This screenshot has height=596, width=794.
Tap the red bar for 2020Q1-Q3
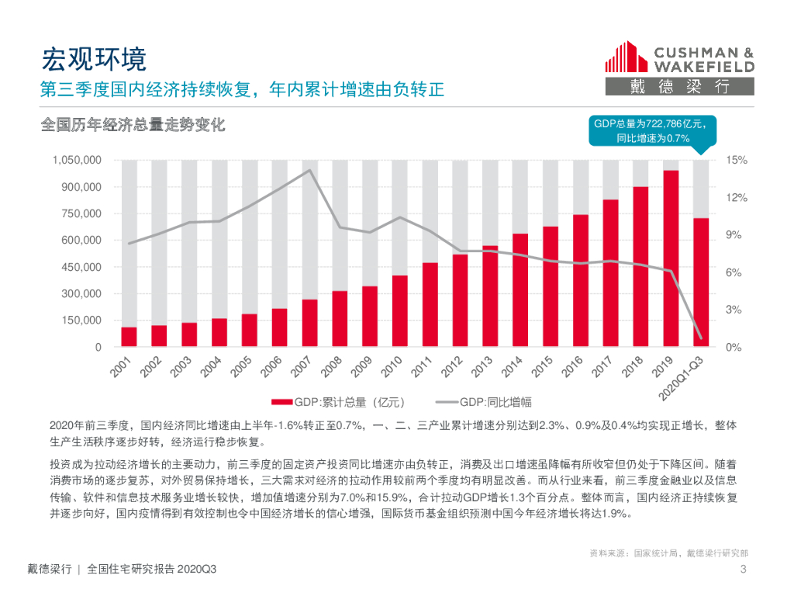[x=701, y=282]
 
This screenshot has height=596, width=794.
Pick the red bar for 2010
[x=400, y=311]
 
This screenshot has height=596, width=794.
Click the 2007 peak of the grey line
[x=309, y=170]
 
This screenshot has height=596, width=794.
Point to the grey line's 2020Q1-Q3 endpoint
[x=701, y=338]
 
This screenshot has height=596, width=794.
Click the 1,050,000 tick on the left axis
[x=76, y=161]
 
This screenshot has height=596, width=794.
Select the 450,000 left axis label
[x=81, y=267]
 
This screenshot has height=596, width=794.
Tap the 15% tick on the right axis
[x=736, y=161]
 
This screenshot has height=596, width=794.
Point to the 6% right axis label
[x=734, y=272]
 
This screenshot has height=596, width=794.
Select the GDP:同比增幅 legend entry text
[x=495, y=402]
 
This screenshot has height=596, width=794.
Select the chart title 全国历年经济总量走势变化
[x=133, y=125]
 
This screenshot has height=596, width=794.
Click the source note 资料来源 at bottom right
[x=668, y=553]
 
